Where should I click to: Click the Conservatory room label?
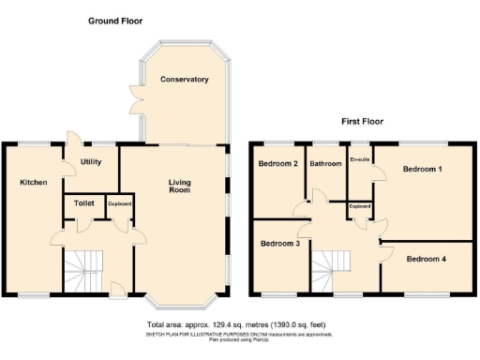(x=184, y=80)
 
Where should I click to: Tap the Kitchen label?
(x=34, y=183)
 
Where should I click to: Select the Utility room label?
(x=91, y=162)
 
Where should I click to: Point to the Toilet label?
(x=83, y=202)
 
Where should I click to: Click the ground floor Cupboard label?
(x=118, y=203)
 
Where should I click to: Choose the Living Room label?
(x=179, y=186)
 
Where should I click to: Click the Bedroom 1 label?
(x=423, y=170)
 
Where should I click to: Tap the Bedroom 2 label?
(x=278, y=164)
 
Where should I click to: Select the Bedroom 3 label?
(x=280, y=244)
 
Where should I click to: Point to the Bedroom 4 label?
(x=426, y=258)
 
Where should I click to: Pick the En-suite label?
(x=359, y=159)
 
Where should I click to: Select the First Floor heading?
(x=361, y=121)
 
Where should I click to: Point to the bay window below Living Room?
(x=184, y=305)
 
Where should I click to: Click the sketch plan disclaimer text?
(x=240, y=335)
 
